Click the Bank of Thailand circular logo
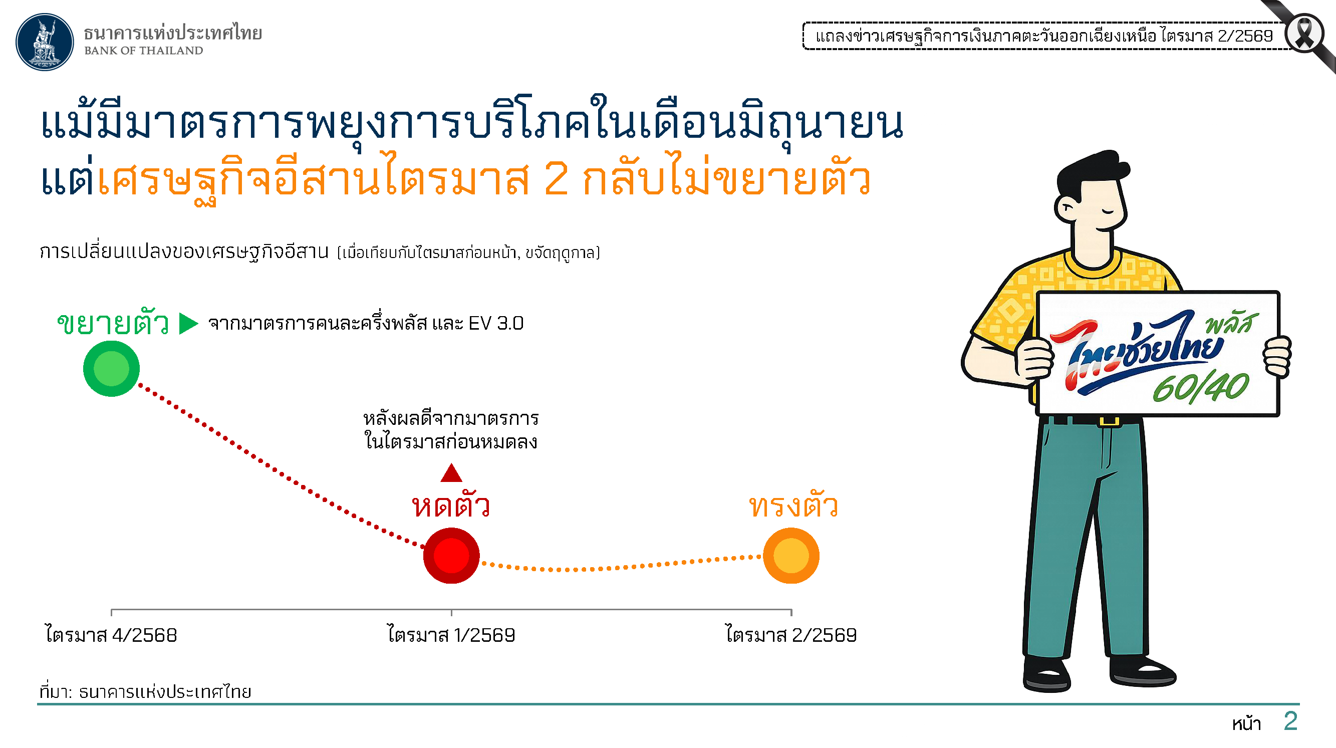click(x=45, y=42)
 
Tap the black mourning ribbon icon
click(x=1304, y=34)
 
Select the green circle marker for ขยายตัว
click(x=112, y=369)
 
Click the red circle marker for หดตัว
click(x=451, y=556)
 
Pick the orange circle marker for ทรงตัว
click(x=791, y=556)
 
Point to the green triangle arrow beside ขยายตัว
click(x=188, y=324)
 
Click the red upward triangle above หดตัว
click(x=451, y=472)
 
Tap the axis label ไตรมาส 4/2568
click(x=111, y=635)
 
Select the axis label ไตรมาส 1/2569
click(x=451, y=635)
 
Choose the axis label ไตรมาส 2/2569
click(x=791, y=635)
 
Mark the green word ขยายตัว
click(x=113, y=323)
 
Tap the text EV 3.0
click(x=496, y=324)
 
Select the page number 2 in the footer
click(x=1290, y=721)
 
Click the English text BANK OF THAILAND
click(x=144, y=51)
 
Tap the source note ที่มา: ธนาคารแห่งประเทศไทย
click(x=145, y=691)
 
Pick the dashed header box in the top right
click(x=1045, y=36)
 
